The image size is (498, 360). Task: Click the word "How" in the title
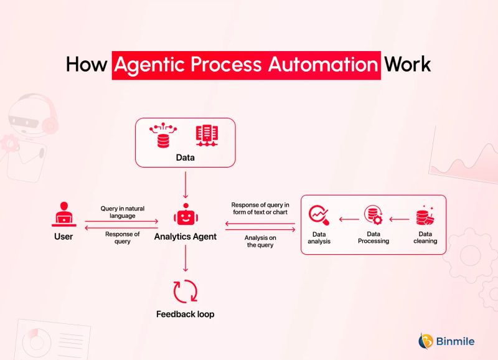point(87,65)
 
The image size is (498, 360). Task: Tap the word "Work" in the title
point(407,65)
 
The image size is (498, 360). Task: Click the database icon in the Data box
point(163,135)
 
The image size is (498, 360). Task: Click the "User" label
point(63,237)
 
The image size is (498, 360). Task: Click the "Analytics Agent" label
point(186,237)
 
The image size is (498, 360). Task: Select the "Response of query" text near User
point(123,237)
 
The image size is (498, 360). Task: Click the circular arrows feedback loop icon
point(186,291)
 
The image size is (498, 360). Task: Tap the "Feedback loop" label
point(186,315)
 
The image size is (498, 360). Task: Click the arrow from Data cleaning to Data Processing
point(400,219)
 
